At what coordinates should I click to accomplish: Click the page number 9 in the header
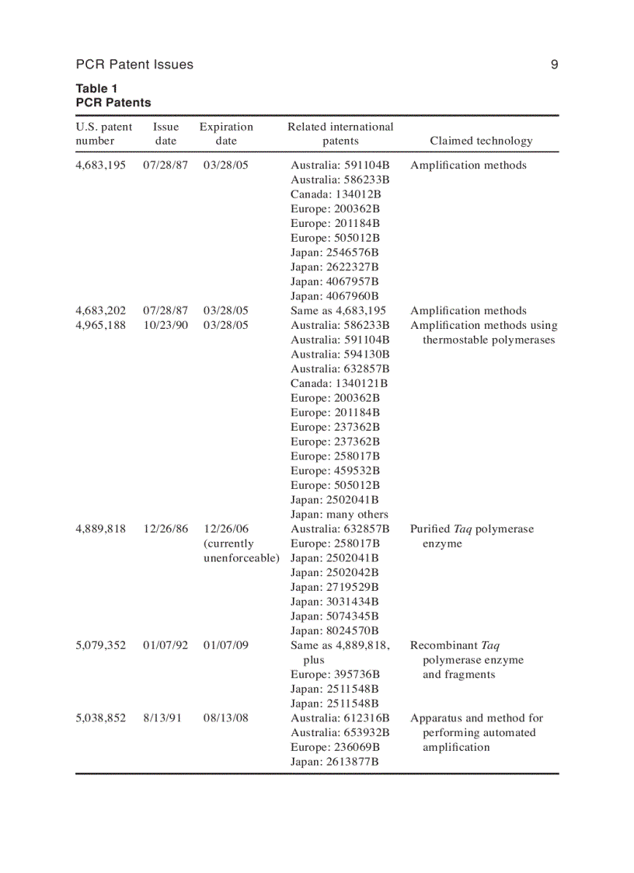(554, 65)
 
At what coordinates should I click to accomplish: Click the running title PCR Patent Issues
(134, 65)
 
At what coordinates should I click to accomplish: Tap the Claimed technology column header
(481, 141)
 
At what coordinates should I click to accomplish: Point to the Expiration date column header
(226, 134)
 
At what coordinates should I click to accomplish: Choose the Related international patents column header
(340, 134)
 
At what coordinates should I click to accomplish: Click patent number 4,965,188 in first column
(100, 325)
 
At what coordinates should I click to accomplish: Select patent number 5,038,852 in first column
(100, 718)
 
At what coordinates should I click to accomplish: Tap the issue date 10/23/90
(165, 325)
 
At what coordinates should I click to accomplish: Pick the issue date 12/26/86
(165, 529)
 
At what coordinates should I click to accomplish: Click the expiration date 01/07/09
(226, 645)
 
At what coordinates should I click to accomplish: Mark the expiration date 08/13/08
(226, 718)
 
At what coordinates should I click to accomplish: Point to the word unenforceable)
(242, 558)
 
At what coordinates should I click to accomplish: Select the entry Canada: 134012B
(336, 194)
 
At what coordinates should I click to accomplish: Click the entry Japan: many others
(340, 515)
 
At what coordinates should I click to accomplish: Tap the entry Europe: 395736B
(336, 675)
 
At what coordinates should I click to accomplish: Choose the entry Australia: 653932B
(340, 733)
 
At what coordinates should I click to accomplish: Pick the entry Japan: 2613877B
(335, 762)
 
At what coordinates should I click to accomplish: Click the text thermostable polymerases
(489, 340)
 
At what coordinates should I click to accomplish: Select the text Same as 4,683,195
(338, 311)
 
